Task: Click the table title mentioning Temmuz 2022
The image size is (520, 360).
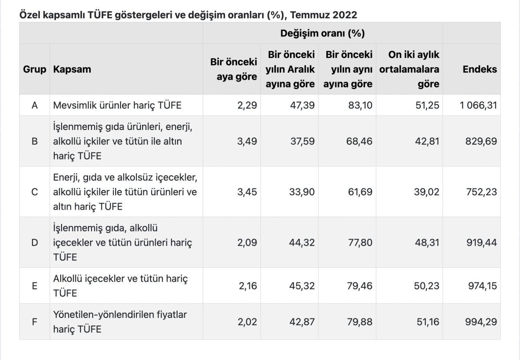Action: [x=188, y=15]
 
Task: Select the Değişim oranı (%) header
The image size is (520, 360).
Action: [x=322, y=33]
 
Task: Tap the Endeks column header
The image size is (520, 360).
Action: [x=480, y=69]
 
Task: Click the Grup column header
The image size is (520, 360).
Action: [x=35, y=69]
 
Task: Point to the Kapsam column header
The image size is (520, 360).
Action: [x=72, y=69]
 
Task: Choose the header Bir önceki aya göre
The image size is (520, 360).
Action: [x=234, y=69]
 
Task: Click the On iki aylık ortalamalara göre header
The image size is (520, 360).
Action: [x=409, y=69]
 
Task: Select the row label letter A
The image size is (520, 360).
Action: [x=35, y=105]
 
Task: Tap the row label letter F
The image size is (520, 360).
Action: [x=35, y=322]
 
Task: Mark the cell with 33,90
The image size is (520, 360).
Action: [x=302, y=192]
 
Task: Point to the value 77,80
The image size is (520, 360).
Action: [x=360, y=243]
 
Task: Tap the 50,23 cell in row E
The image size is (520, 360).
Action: [x=427, y=286]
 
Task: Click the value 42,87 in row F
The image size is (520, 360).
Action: [x=302, y=322]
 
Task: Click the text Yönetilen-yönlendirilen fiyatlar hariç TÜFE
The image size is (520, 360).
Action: [x=120, y=322]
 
